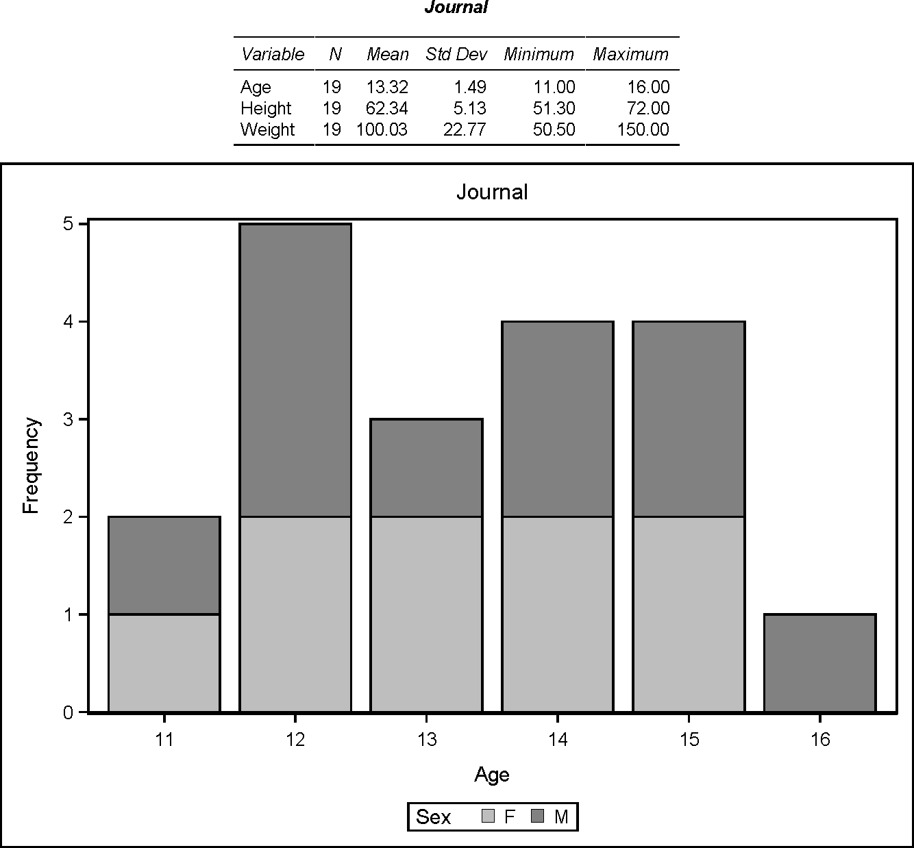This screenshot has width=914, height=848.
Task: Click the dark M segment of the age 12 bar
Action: (295, 370)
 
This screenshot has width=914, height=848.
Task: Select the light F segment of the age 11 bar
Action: (164, 663)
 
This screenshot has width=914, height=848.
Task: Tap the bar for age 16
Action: (819, 663)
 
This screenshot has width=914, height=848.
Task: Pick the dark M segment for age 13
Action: (426, 468)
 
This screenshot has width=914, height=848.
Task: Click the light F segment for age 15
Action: (689, 614)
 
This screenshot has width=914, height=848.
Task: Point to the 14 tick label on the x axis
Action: (558, 740)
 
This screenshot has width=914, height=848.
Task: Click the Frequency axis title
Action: (32, 466)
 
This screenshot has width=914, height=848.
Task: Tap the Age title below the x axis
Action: (492, 775)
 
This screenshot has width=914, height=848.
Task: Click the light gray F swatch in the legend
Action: (489, 816)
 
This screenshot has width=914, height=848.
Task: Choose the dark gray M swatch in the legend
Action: (538, 816)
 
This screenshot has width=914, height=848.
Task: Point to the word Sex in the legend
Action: (434, 817)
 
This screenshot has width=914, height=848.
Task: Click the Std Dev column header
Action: (456, 54)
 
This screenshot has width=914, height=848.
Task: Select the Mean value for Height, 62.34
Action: (387, 108)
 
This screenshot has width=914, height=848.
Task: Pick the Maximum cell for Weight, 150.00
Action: (643, 129)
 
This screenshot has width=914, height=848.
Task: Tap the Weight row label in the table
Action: (267, 129)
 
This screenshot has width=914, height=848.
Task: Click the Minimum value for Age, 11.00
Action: (554, 87)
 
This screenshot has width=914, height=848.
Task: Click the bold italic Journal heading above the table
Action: (456, 8)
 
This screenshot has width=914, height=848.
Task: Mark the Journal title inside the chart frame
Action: (492, 192)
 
